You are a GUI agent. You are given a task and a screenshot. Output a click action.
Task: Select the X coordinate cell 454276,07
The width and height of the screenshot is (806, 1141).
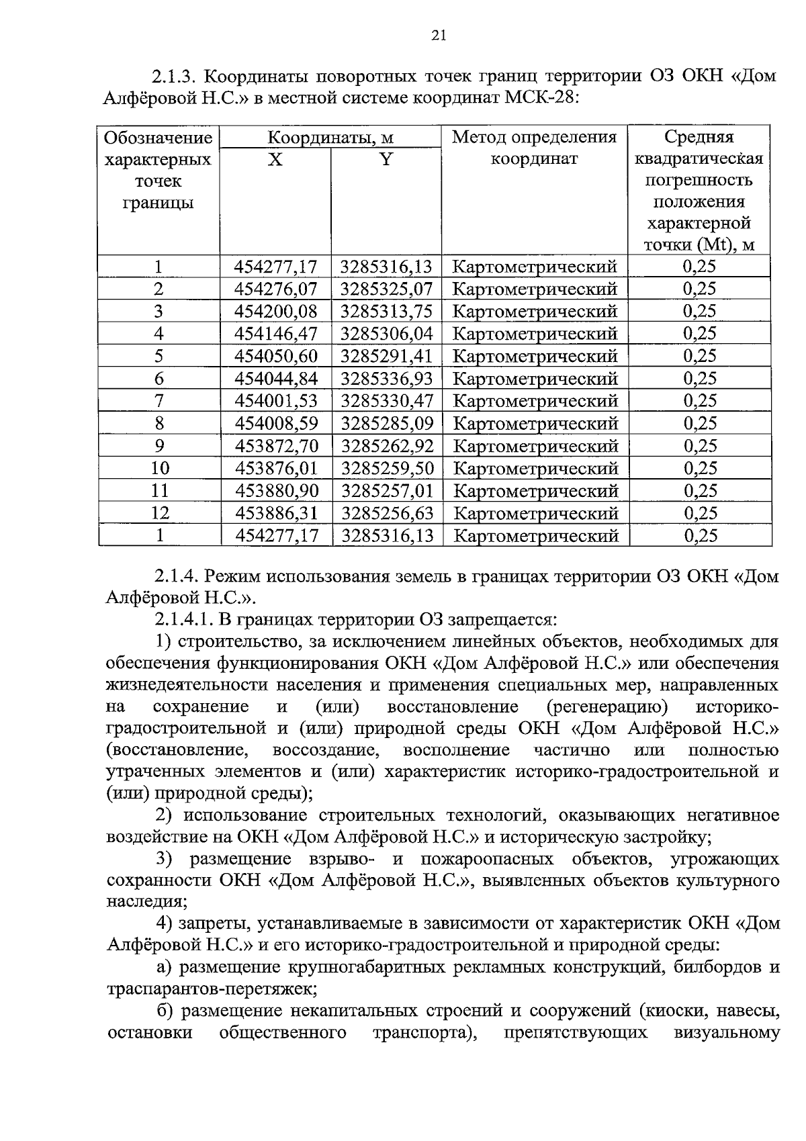coord(275,289)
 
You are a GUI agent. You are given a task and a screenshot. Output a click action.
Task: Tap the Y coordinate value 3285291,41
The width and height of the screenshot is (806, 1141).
coord(387,356)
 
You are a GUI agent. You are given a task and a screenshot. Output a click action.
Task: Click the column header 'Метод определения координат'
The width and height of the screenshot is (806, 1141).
coord(534,148)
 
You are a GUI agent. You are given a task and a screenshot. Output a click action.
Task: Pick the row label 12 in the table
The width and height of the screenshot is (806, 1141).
coord(159,514)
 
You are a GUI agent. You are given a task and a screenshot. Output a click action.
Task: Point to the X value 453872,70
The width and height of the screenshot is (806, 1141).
coord(276,446)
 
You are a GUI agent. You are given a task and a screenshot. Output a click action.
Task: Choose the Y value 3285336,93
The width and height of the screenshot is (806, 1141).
coord(387,379)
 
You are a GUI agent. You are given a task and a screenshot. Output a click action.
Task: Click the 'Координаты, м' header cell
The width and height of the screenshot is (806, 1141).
coord(330,138)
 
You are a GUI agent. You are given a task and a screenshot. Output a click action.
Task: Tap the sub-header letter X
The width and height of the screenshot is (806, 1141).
coord(275,160)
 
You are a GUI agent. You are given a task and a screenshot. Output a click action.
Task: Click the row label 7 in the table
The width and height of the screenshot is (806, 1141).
coord(159,401)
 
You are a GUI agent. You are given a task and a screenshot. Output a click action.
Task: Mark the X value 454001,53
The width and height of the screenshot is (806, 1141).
coord(276,401)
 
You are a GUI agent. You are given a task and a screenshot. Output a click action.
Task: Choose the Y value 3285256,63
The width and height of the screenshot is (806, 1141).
coord(388,514)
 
